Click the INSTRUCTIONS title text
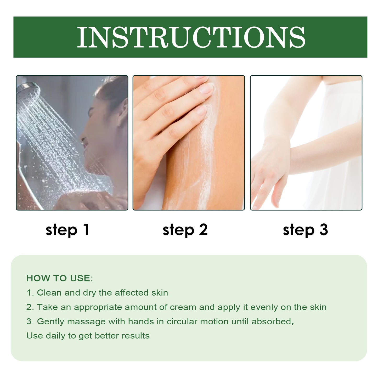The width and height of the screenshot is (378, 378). [191, 37]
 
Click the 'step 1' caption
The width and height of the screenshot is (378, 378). [67, 230]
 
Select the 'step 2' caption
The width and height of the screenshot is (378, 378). [185, 230]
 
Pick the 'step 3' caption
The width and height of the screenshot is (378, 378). [305, 230]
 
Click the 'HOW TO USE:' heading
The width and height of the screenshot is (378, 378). [60, 278]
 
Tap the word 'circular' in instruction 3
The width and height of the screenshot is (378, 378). [182, 321]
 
